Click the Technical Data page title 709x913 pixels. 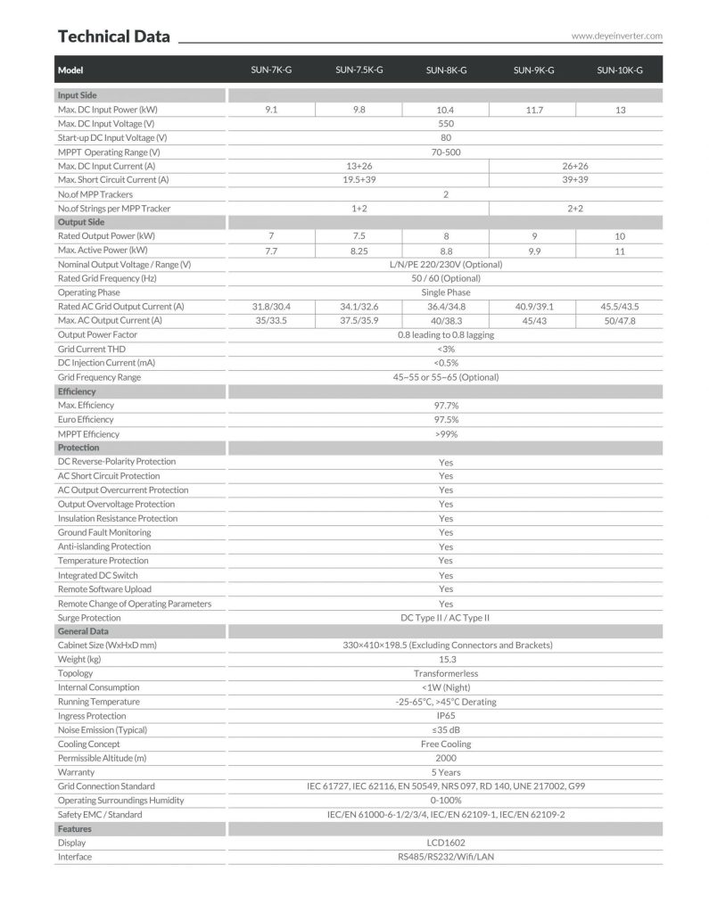(113, 37)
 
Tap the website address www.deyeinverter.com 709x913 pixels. (617, 37)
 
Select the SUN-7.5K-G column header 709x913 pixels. (359, 70)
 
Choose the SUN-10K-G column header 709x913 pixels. (620, 70)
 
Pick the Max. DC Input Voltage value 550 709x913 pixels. (446, 124)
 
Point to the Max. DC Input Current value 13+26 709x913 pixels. (359, 166)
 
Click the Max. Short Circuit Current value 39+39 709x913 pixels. (576, 180)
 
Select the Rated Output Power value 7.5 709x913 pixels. (359, 236)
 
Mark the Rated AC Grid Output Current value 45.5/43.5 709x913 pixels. (620, 307)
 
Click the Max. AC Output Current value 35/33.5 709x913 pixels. (272, 320)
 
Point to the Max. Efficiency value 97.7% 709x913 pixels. (446, 406)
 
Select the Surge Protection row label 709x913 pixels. (89, 618)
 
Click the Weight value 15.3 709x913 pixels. (446, 659)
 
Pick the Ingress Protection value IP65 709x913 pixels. (446, 716)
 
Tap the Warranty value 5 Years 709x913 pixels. (446, 772)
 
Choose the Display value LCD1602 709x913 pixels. (446, 843)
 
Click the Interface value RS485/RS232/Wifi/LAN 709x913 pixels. (446, 857)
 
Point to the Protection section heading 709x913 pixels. (78, 448)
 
